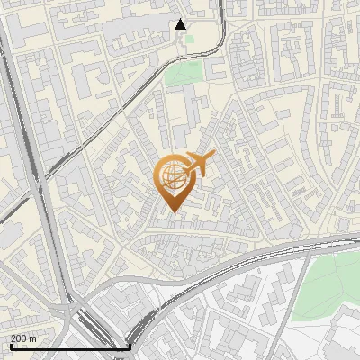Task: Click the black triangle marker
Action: click(x=181, y=24)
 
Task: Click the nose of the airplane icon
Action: click(x=212, y=157)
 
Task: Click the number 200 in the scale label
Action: click(x=19, y=338)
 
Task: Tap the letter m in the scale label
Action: click(x=33, y=338)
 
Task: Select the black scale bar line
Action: click(x=70, y=346)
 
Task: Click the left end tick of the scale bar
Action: click(x=11, y=345)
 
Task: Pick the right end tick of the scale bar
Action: click(x=130, y=345)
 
